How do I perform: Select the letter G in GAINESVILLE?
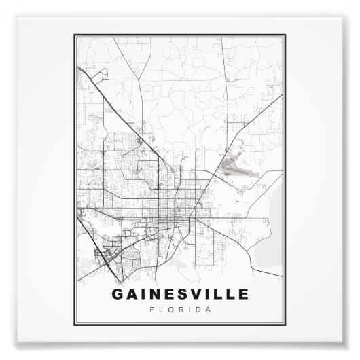pos(115,297)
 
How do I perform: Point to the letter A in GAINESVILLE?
pos(128,297)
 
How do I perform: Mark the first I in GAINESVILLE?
pos(139,297)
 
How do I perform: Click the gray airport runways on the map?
pos(234,165)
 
